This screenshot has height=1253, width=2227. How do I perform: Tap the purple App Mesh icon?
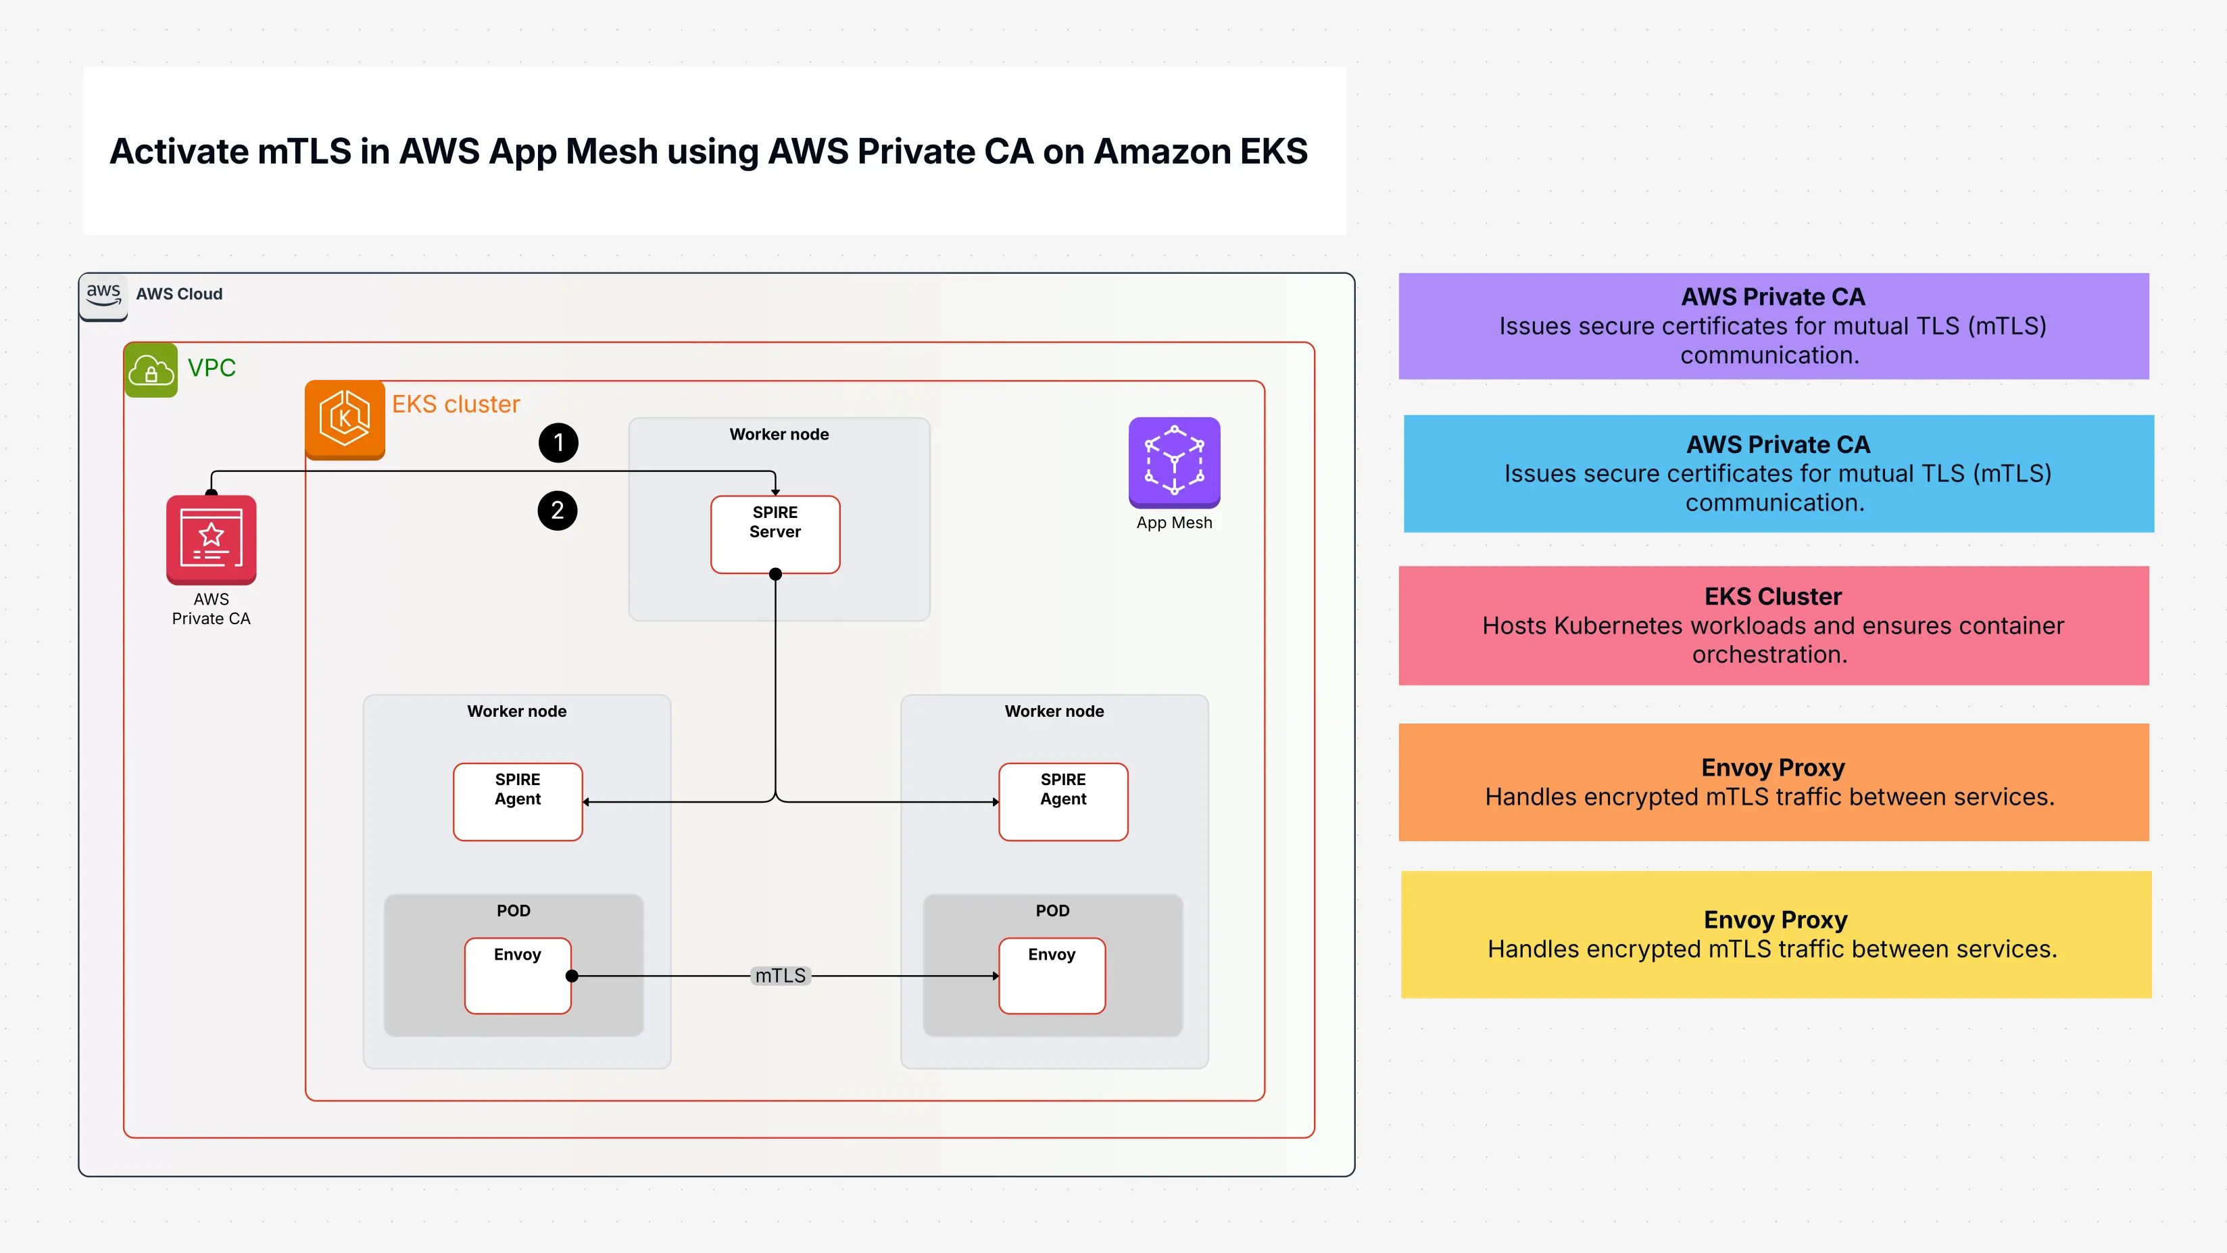1174,462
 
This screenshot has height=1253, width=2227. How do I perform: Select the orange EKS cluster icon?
345,419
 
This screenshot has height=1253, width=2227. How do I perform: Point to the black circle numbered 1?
558,443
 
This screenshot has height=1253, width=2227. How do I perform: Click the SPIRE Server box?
775,534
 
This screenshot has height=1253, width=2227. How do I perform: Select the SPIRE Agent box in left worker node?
517,801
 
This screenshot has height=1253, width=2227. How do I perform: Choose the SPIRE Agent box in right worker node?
1062,801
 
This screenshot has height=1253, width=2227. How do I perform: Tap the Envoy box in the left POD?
517,976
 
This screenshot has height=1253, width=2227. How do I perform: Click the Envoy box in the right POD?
1051,976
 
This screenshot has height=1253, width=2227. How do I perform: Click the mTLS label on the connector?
780,976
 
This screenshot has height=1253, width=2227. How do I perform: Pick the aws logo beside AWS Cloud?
103,294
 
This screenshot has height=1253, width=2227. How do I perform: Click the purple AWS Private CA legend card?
1773,326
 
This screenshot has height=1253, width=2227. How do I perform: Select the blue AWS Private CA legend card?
1778,474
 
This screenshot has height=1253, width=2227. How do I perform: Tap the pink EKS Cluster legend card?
1773,626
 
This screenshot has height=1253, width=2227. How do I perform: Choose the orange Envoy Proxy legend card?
1773,782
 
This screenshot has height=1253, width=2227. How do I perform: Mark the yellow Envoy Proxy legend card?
1776,934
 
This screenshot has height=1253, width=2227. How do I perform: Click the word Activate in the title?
179,152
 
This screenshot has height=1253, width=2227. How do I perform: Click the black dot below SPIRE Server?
775,574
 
